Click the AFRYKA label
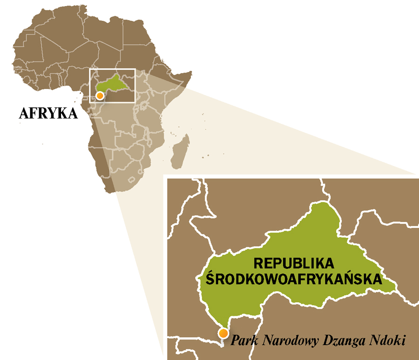(48, 113)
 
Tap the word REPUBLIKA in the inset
(294, 263)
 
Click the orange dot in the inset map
(223, 333)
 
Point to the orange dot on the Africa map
(99, 95)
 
